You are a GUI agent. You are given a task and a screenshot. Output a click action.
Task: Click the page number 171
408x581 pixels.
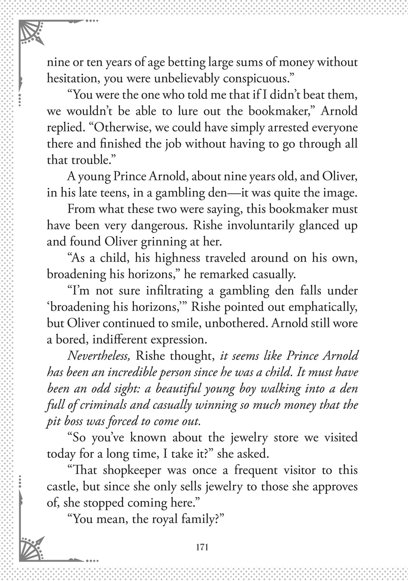[x=202, y=547]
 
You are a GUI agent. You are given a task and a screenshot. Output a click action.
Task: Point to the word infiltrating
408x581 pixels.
[x=174, y=291]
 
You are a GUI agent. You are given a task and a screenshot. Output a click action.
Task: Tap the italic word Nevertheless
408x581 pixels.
[x=99, y=356]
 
